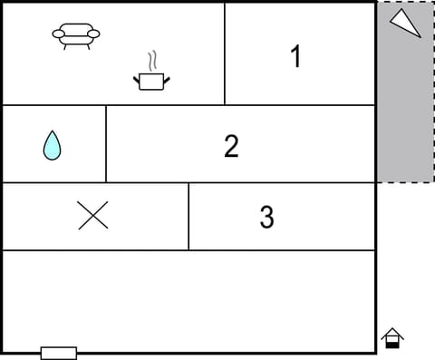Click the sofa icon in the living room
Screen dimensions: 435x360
[76, 35]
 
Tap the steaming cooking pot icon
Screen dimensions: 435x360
[152, 81]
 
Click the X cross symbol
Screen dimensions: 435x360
[92, 215]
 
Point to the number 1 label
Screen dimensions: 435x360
[295, 56]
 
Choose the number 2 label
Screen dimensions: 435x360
[231, 146]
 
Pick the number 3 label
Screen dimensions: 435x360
[266, 218]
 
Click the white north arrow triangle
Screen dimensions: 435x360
[405, 22]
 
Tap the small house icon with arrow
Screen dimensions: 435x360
[392, 337]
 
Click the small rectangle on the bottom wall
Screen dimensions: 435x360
[59, 353]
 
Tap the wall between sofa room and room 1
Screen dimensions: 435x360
[225, 54]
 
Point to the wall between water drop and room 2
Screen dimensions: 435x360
[106, 144]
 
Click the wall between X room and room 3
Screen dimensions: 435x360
[188, 216]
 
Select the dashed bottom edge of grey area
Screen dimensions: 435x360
[404, 182]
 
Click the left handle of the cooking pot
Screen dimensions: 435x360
[137, 79]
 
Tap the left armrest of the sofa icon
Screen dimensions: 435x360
[58, 34]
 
